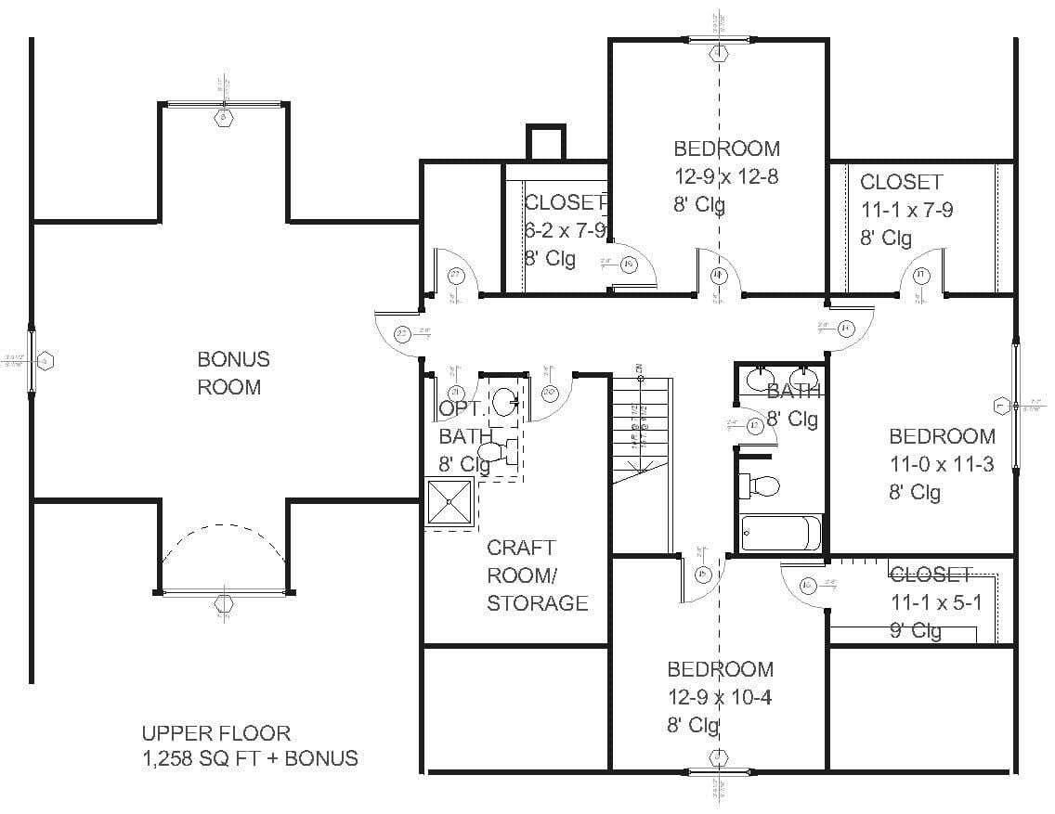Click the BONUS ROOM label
[233, 373]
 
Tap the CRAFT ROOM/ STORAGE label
[537, 575]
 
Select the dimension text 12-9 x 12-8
[725, 176]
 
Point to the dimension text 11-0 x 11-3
[941, 464]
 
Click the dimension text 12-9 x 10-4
[719, 697]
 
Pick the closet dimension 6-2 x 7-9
[565, 230]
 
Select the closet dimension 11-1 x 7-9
[905, 210]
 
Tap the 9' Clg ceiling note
[916, 631]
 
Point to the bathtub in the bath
[781, 533]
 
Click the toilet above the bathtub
[761, 485]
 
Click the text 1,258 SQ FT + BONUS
[249, 758]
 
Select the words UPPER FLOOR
[215, 733]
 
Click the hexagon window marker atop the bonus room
[223, 117]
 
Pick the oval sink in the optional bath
[505, 402]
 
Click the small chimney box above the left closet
[545, 143]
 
